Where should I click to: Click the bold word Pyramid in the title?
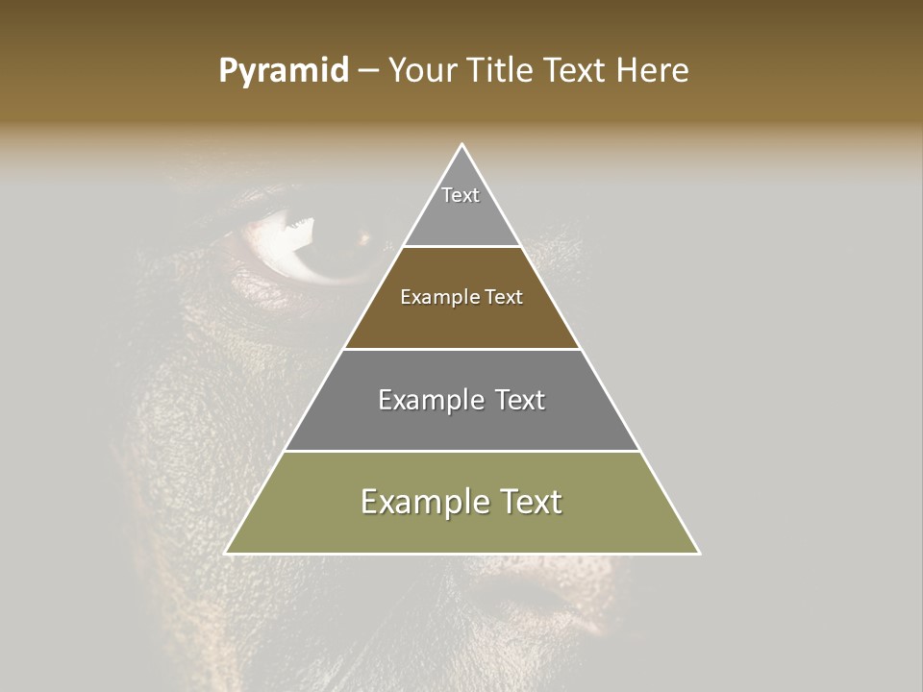pyautogui.click(x=284, y=71)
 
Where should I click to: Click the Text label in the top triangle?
pyautogui.click(x=461, y=195)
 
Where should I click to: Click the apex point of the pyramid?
pyautogui.click(x=462, y=145)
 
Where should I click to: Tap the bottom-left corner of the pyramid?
pyautogui.click(x=227, y=553)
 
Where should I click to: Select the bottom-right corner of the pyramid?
pyautogui.click(x=699, y=553)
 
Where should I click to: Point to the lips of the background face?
pyautogui.click(x=538, y=596)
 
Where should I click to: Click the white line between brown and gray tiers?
pyautogui.click(x=462, y=349)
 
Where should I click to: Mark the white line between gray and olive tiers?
pyautogui.click(x=462, y=451)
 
